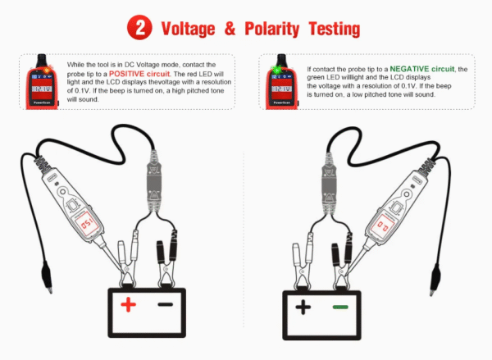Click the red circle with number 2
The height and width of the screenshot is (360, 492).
click(x=139, y=27)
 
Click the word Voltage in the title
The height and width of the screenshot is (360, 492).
click(x=189, y=29)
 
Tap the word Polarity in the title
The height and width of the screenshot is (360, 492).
click(x=271, y=29)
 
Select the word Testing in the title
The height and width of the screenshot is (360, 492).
click(x=335, y=29)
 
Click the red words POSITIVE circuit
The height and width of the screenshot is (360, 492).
click(x=139, y=74)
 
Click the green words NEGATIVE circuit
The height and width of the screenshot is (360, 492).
click(x=422, y=69)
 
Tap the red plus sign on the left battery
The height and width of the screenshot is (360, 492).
click(x=129, y=304)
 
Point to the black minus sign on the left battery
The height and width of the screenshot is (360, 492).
click(x=166, y=304)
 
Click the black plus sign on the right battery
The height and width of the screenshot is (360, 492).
click(x=303, y=307)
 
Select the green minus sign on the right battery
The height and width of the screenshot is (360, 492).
click(x=340, y=307)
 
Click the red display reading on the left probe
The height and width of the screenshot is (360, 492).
click(x=85, y=223)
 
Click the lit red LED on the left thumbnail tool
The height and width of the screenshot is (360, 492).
click(x=48, y=70)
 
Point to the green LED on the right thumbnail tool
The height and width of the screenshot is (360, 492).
click(x=276, y=70)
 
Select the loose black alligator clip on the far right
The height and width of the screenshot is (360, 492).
click(x=435, y=280)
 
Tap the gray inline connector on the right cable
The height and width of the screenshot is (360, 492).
click(x=329, y=184)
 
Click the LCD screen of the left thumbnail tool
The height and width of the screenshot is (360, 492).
click(x=42, y=89)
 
